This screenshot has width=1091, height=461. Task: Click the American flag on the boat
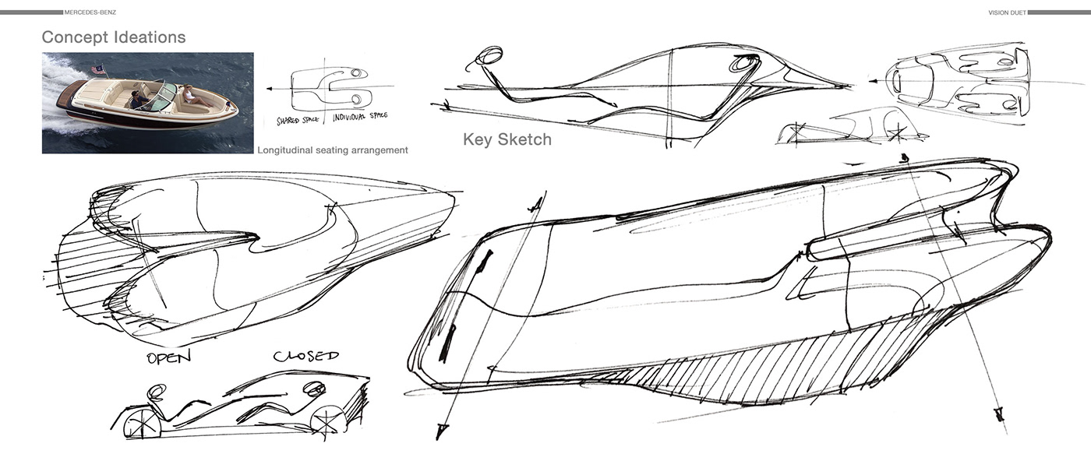tap(97, 69)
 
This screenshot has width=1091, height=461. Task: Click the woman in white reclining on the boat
tap(194, 97)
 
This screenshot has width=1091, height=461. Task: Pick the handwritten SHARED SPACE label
tap(303, 121)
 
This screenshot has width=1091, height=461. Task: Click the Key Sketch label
tap(507, 140)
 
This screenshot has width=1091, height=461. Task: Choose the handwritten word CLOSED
tap(305, 356)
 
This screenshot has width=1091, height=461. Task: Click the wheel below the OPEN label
tap(142, 424)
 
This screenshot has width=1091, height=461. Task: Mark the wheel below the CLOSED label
tap(327, 421)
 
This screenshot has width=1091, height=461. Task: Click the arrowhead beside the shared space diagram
tap(268, 90)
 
